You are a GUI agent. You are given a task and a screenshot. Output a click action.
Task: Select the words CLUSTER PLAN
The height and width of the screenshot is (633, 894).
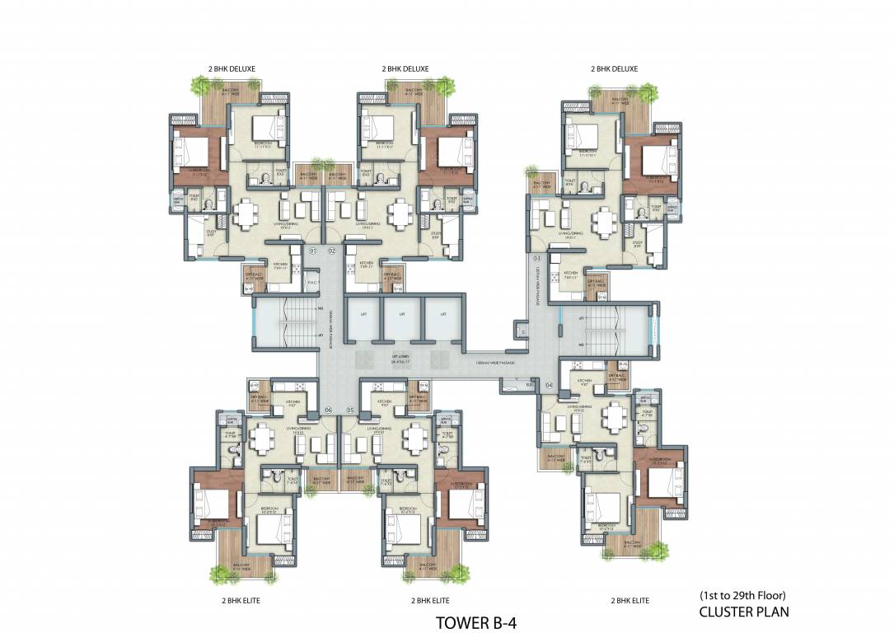pyautogui.click(x=744, y=612)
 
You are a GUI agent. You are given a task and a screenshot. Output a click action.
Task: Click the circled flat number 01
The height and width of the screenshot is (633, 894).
pyautogui.click(x=312, y=250)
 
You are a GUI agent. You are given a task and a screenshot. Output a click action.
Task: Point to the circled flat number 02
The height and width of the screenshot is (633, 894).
pyautogui.click(x=332, y=250)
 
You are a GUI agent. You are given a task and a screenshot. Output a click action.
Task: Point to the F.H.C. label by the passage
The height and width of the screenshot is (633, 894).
pyautogui.click(x=311, y=281)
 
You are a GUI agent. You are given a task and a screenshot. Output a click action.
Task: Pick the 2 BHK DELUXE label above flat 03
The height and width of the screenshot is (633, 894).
pyautogui.click(x=614, y=69)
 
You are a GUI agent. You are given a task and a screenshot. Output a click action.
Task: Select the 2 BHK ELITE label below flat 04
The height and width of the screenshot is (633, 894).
pyautogui.click(x=630, y=601)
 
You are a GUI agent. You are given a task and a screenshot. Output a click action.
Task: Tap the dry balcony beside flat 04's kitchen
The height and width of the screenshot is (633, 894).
pyautogui.click(x=617, y=376)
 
